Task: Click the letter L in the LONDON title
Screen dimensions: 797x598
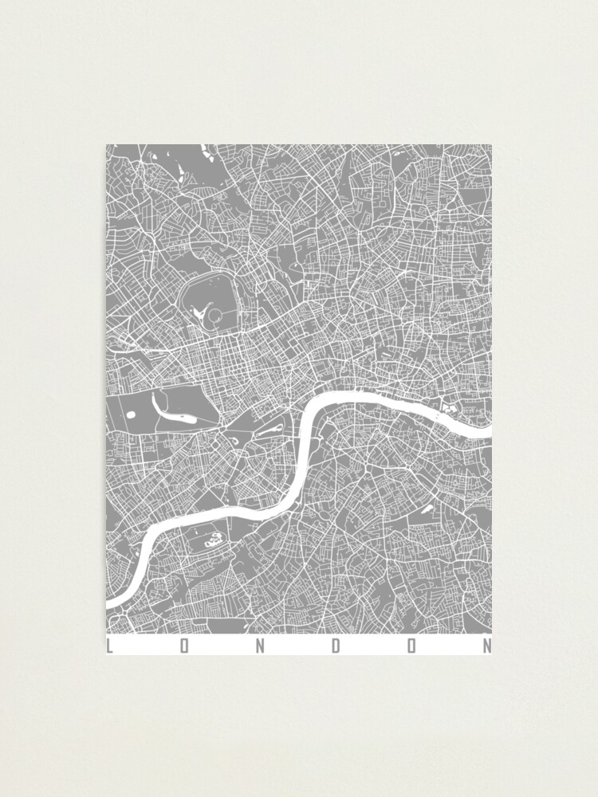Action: point(109,646)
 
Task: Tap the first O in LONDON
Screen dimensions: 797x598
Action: point(184,646)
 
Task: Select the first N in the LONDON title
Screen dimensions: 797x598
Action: point(259,646)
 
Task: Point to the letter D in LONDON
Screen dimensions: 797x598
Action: point(336,646)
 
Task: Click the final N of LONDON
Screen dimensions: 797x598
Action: point(487,646)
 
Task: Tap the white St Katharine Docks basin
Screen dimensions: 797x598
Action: point(447,407)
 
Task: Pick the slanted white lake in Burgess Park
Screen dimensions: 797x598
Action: point(427,508)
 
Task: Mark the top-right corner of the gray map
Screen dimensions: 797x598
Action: point(491,145)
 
